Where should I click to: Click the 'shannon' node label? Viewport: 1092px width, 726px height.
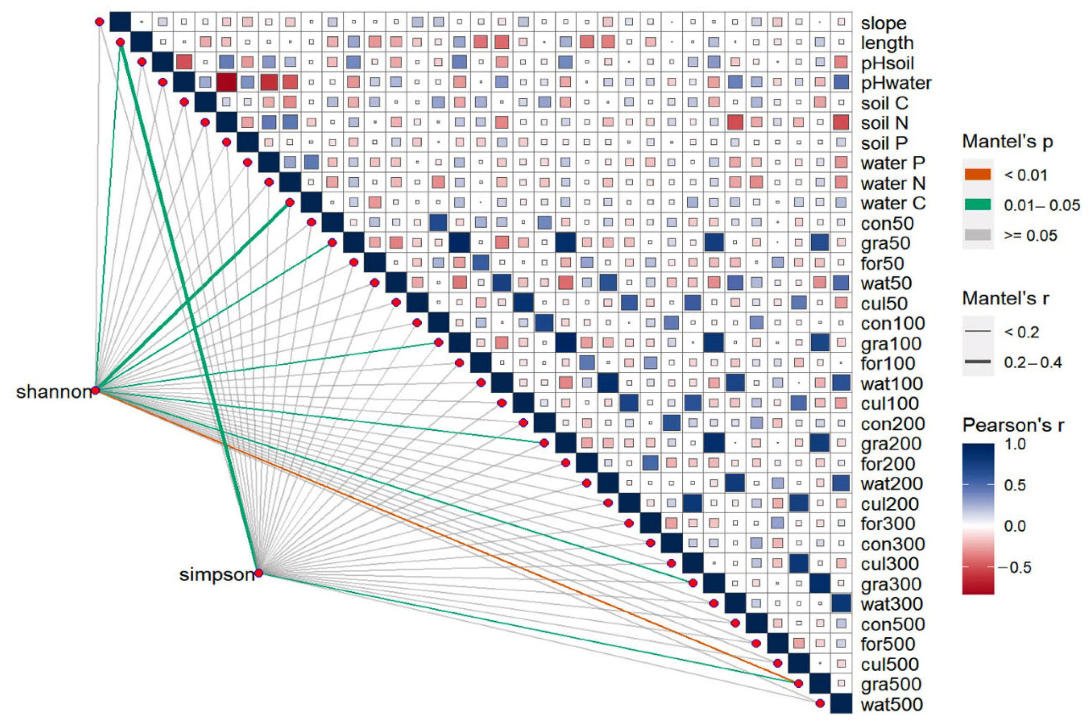tap(54, 392)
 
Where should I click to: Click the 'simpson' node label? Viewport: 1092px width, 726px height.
tap(217, 575)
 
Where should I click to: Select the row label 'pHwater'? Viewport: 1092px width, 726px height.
tap(896, 83)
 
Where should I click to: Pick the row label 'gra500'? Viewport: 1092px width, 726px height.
tap(891, 684)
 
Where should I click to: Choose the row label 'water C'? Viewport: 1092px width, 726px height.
tap(892, 203)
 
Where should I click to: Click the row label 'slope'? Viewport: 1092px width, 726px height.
tap(883, 23)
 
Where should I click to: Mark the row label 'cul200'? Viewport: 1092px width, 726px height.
tap(890, 504)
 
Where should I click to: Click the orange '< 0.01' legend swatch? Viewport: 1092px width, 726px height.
tap(978, 174)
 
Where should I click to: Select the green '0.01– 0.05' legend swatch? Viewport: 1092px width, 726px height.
tap(978, 205)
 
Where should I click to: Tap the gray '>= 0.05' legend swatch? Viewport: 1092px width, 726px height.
tap(978, 235)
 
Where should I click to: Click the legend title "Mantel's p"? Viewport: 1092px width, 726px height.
tap(1007, 142)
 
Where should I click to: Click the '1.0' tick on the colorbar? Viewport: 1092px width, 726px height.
tap(1015, 445)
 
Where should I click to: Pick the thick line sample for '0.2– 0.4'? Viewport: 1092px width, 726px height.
tap(978, 362)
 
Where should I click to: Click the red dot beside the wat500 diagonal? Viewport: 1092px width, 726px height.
tap(820, 703)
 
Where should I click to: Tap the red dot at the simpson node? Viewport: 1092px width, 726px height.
tap(259, 573)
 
